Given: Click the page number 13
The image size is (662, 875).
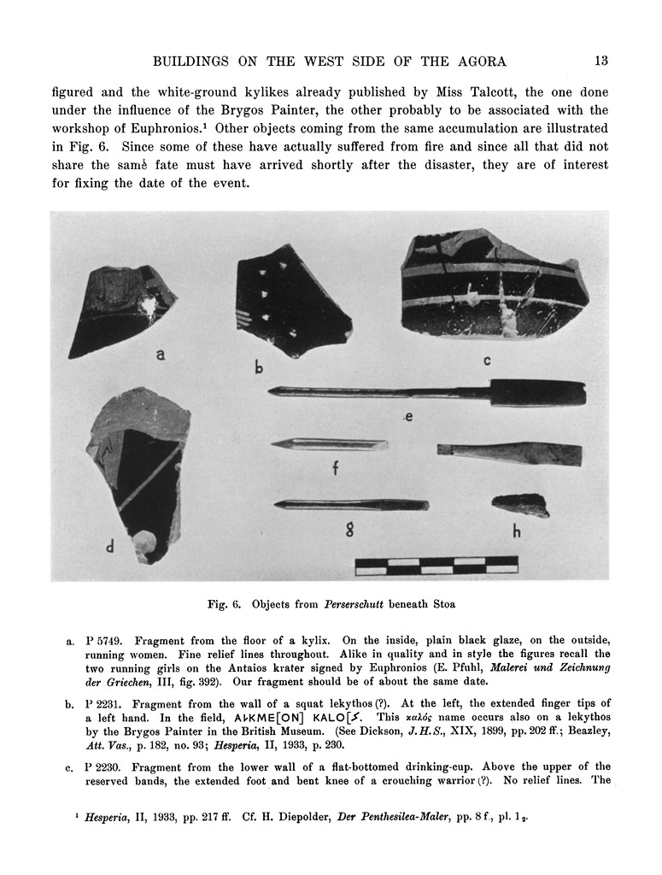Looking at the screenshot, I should point(600,61).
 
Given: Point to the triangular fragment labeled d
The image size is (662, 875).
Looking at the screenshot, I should point(137,470).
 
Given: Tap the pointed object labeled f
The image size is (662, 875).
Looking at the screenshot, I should point(329,444).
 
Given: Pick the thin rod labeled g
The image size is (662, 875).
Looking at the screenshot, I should point(350,504).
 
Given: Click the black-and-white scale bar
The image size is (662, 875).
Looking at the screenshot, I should point(436,565).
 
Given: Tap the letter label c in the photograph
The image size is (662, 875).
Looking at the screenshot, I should point(486,360).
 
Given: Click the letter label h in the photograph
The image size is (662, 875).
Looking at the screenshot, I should point(516,531).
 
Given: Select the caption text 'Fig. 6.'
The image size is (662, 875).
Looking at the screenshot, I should point(226,605).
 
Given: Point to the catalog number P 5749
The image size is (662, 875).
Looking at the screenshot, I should point(106,640).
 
